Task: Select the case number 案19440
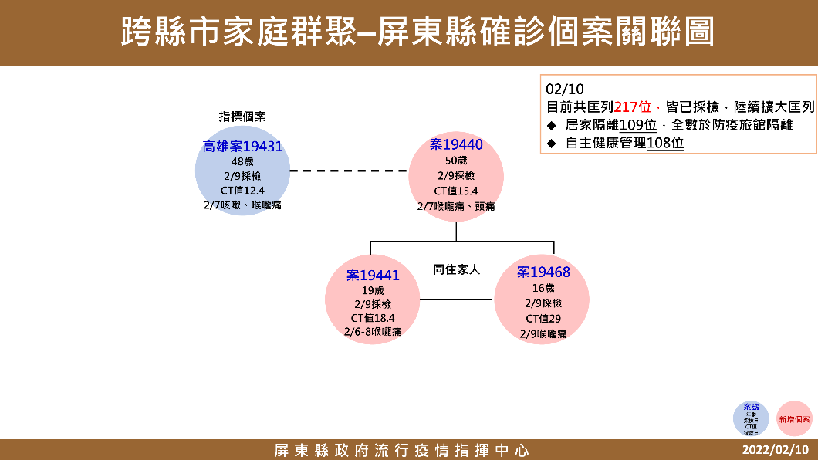point(456,144)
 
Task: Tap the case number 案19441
point(373,275)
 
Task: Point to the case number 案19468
point(543,272)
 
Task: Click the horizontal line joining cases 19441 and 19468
point(457,299)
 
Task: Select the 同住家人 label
point(456,269)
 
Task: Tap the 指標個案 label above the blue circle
point(242,117)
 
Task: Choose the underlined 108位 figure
point(665,143)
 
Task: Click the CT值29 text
point(543,318)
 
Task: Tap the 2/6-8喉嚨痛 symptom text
point(373,332)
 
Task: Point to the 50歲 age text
point(456,161)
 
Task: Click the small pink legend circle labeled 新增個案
point(794,419)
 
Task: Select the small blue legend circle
point(751,419)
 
